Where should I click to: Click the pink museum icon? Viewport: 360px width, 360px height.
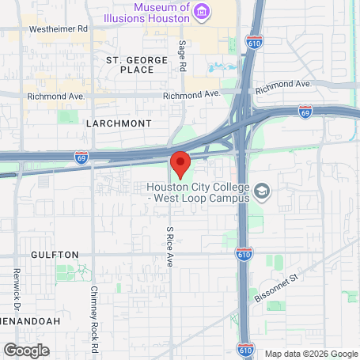(x=203, y=11)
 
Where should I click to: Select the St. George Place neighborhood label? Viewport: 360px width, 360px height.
(x=137, y=65)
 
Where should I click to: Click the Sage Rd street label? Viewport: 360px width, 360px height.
(x=182, y=56)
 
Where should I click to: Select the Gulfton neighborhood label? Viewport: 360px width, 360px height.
(x=55, y=255)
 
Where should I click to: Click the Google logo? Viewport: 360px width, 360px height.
(x=26, y=350)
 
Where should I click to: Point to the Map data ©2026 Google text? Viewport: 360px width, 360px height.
(x=310, y=353)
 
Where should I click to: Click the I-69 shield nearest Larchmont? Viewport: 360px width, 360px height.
(x=81, y=157)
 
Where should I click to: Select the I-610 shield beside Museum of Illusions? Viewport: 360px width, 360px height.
(x=254, y=40)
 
